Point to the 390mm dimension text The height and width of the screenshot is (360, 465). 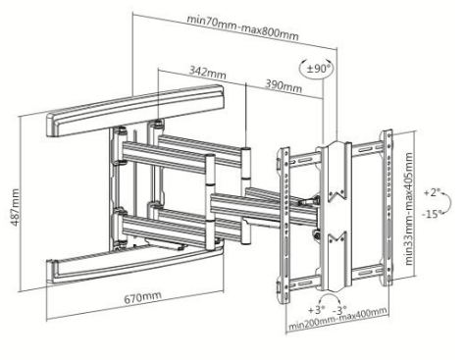point(284,86)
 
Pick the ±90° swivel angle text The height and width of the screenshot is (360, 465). point(320,69)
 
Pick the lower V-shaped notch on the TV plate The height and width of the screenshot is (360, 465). point(336,237)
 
